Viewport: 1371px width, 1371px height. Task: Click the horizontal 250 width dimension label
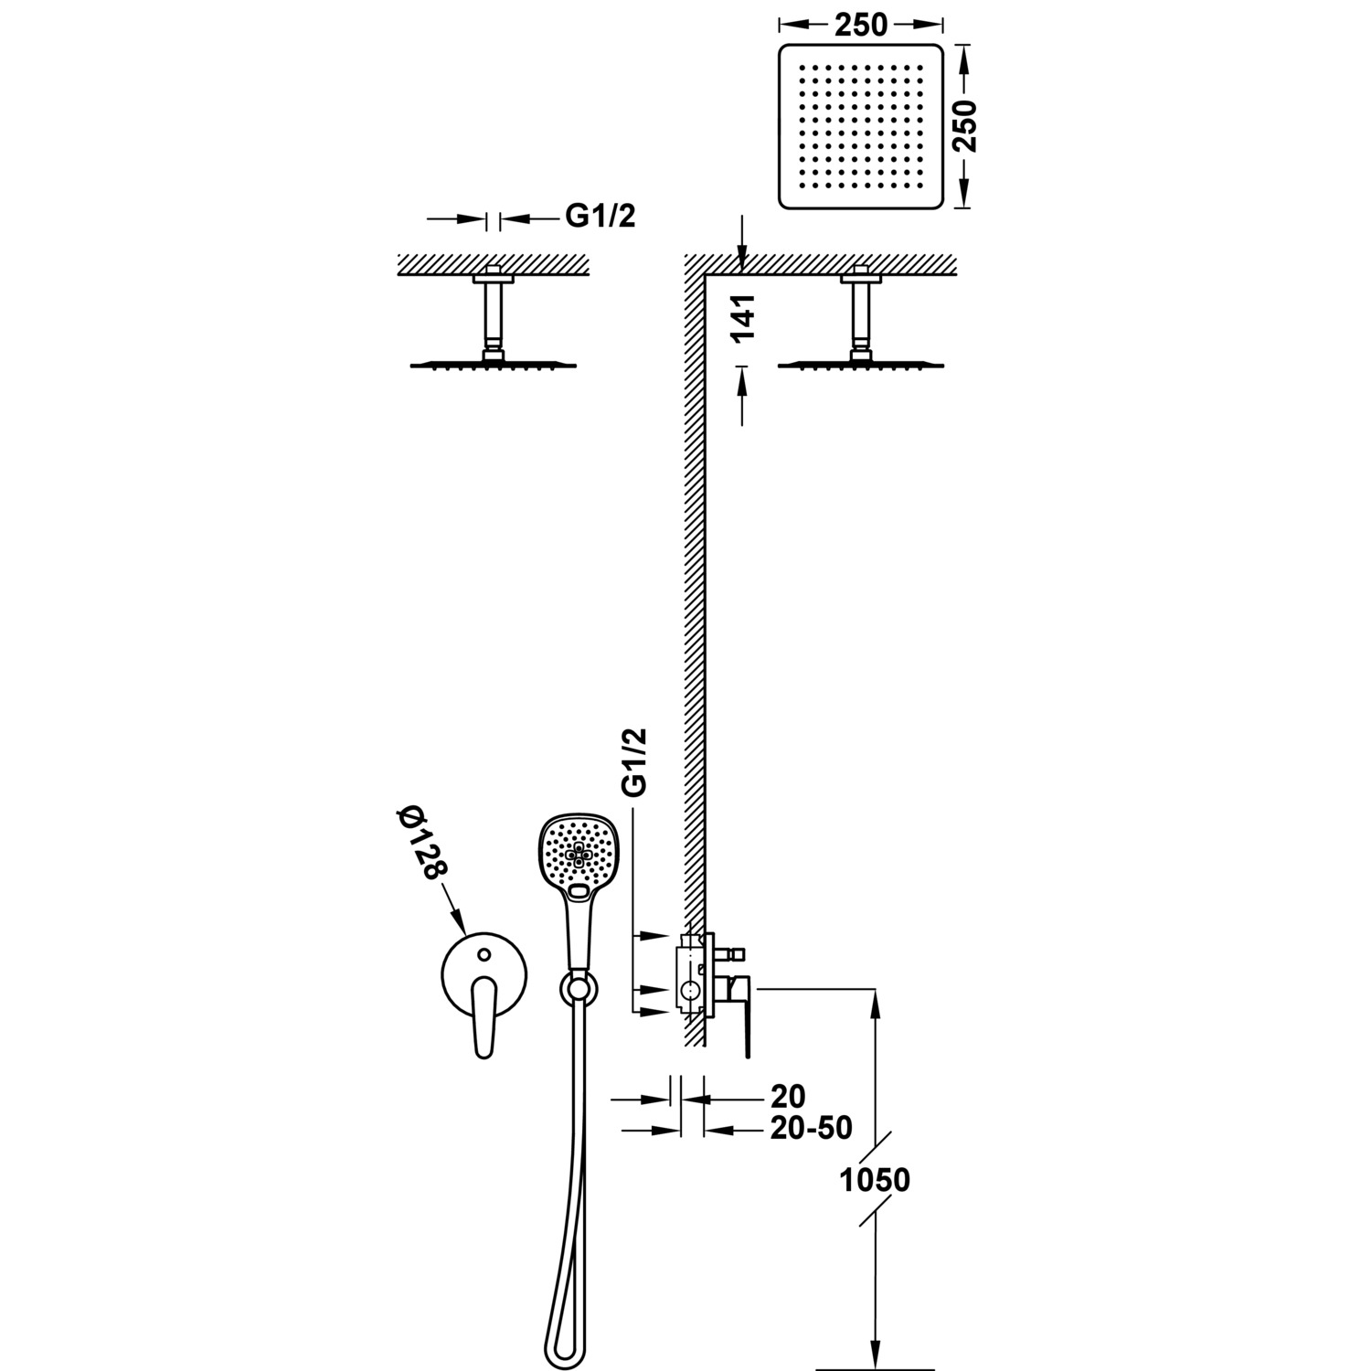(860, 26)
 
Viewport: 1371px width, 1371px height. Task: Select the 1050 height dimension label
(876, 1179)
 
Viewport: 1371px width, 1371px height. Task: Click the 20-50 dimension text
(811, 1128)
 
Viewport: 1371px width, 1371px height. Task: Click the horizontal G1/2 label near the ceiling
(600, 216)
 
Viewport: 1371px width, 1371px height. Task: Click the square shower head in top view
(860, 124)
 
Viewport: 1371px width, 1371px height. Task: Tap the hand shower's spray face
(578, 854)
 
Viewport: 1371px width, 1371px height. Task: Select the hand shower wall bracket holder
(577, 987)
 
